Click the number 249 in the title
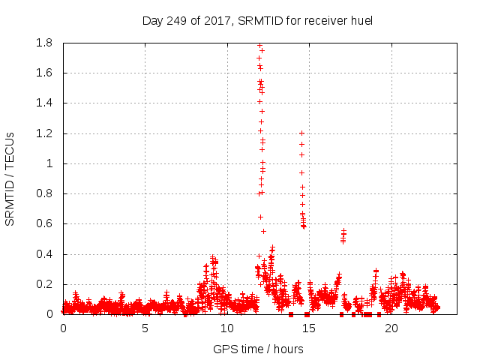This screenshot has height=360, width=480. pyautogui.click(x=176, y=20)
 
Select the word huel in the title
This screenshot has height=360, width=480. pyautogui.click(x=358, y=20)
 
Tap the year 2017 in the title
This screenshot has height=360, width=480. pyautogui.click(x=217, y=20)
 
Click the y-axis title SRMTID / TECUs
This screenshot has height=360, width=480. pyautogui.click(x=10, y=178)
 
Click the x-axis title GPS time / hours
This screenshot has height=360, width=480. pyautogui.click(x=258, y=349)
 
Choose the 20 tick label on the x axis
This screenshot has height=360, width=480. pyautogui.click(x=390, y=328)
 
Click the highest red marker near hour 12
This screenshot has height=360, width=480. pyautogui.click(x=259, y=45)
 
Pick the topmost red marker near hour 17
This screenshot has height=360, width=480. pyautogui.click(x=343, y=231)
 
